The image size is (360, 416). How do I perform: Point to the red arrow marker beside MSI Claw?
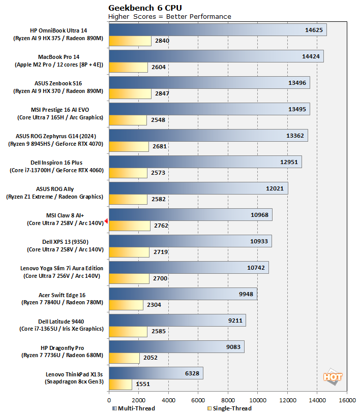pos(106,221)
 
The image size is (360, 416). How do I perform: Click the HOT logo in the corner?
pos(333,377)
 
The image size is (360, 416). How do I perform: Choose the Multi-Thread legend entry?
pos(133,408)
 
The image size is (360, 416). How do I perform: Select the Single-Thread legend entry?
pos(229,408)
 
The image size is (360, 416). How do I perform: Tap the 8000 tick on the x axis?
pos(228,400)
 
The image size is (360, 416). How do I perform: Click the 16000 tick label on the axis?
pos(347,400)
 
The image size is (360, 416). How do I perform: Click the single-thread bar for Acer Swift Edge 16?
pos(126,305)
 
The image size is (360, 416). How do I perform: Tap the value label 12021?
pos(275,188)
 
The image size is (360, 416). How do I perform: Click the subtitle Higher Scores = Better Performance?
pos(170,16)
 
